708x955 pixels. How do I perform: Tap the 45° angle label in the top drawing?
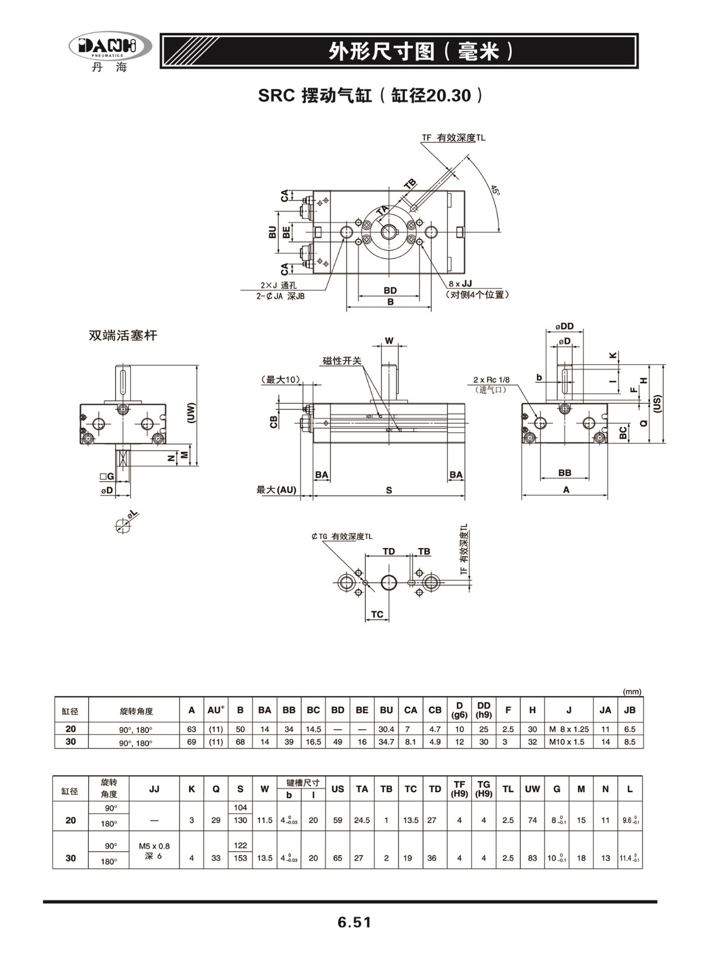[x=495, y=190]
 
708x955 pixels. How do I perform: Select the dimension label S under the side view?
[x=389, y=490]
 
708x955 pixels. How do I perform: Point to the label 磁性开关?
[x=342, y=361]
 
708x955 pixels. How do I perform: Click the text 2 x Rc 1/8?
[x=491, y=380]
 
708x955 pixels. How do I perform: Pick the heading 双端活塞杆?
[x=123, y=335]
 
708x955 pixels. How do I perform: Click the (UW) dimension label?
[x=191, y=413]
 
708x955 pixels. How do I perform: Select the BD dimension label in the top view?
[x=390, y=291]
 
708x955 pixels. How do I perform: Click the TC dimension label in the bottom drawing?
[x=377, y=614]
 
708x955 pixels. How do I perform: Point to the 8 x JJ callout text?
[x=460, y=284]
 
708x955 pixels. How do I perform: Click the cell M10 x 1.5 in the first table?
[x=567, y=741]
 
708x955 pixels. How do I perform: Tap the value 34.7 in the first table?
[x=386, y=741]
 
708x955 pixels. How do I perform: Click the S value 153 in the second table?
[x=240, y=858]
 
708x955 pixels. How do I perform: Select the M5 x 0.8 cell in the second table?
[x=154, y=846]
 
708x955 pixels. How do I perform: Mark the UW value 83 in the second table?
[x=533, y=858]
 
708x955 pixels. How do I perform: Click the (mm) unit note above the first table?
[x=632, y=692]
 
